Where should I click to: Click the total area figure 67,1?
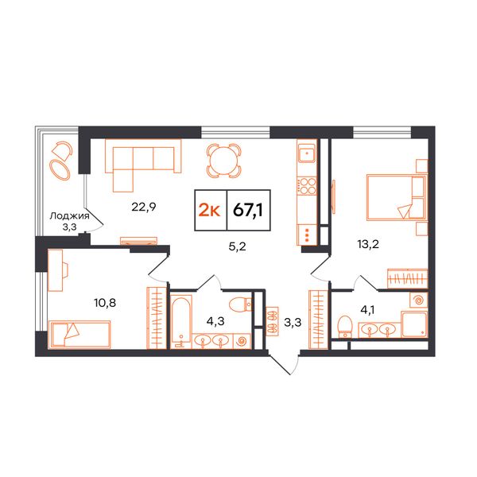(x=247, y=210)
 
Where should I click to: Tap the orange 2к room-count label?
(x=209, y=210)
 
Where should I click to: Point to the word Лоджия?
(x=70, y=216)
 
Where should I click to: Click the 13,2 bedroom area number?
(x=368, y=244)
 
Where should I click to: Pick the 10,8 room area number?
(x=105, y=303)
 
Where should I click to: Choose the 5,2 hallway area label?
(x=237, y=246)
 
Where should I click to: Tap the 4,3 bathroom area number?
(x=215, y=321)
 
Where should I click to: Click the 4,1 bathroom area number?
(x=367, y=310)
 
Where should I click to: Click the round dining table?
(x=223, y=161)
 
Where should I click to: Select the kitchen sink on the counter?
(x=307, y=153)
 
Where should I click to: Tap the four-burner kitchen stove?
(x=307, y=186)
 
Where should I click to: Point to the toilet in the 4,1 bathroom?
(x=344, y=327)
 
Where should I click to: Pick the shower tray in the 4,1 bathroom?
(x=414, y=324)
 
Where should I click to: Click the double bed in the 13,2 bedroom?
(x=396, y=197)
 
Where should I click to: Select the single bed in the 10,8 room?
(x=79, y=334)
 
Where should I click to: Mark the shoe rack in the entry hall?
(x=272, y=321)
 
